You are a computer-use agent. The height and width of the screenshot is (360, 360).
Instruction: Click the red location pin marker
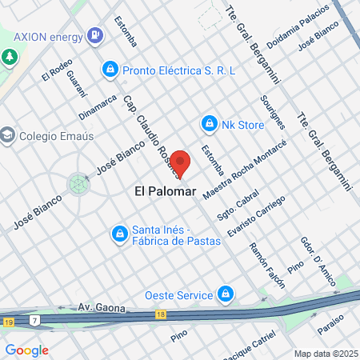(x=181, y=163)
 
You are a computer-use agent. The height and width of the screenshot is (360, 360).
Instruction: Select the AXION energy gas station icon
(x=95, y=35)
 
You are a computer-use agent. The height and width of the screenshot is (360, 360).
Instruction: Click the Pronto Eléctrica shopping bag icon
(x=110, y=70)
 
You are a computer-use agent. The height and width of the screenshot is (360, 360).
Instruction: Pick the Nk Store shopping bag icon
(x=209, y=124)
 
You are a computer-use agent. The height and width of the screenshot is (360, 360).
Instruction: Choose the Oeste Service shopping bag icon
(x=226, y=294)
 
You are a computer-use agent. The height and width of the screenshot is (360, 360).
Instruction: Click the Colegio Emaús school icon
(x=9, y=134)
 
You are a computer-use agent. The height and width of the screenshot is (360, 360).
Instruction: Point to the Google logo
(x=26, y=350)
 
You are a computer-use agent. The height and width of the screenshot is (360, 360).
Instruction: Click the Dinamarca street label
(x=98, y=110)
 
